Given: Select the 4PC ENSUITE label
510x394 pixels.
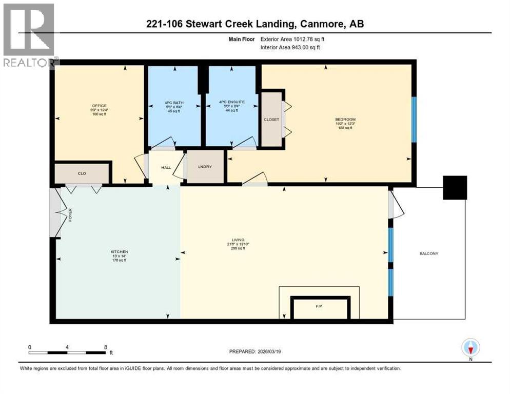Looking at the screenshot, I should click(x=231, y=102).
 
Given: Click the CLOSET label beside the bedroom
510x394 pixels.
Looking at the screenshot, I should click(x=271, y=120).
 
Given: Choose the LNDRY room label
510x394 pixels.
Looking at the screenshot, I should click(x=205, y=167).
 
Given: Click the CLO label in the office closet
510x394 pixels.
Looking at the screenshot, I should click(x=82, y=173).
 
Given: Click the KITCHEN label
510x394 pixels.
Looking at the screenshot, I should click(x=119, y=251).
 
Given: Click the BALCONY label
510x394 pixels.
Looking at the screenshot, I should click(x=429, y=253).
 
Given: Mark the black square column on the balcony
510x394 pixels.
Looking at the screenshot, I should click(x=455, y=188).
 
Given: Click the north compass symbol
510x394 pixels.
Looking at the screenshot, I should click(x=470, y=348).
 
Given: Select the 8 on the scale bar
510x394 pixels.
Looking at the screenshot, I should click(x=105, y=347).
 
